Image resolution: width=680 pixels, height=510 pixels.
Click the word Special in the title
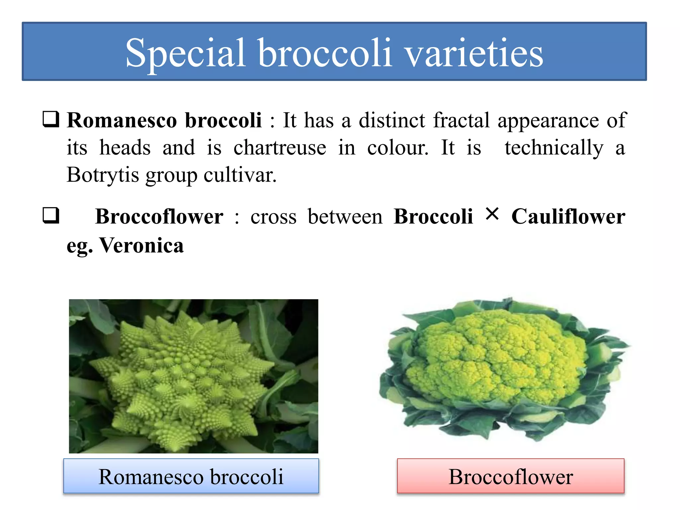click(185, 53)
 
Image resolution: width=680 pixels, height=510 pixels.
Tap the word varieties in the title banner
click(474, 53)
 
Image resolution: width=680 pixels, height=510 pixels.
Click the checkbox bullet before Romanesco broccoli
click(51, 120)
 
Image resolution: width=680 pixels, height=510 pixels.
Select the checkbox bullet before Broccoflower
click(51, 215)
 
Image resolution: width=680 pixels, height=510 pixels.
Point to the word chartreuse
click(280, 147)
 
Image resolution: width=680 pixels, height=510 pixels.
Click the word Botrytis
click(103, 175)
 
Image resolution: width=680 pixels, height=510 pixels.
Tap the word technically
click(553, 147)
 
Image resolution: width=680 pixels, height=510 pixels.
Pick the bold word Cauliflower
click(568, 216)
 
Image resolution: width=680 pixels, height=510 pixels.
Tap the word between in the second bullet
click(345, 216)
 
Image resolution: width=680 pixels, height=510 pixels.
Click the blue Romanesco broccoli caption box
click(191, 476)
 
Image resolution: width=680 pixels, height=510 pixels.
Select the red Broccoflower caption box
click(510, 476)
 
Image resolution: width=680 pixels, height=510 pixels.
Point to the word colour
click(397, 147)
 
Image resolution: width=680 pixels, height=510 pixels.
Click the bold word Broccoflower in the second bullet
click(159, 216)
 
